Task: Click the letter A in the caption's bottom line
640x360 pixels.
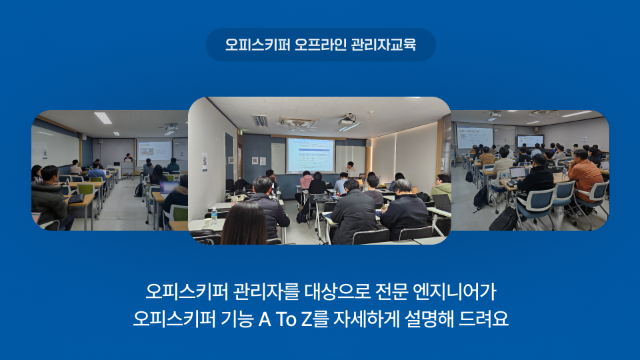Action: pos(265,319)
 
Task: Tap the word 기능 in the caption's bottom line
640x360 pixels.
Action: pos(237,319)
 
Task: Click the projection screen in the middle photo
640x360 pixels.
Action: pos(310,155)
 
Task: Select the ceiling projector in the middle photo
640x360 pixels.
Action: pos(347,121)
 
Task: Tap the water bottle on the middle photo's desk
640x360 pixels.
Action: pos(214,216)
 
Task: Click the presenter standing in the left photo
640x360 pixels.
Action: pos(128,158)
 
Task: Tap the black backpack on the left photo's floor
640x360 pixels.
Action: pos(139,190)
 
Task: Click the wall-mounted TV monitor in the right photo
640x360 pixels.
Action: pos(530,141)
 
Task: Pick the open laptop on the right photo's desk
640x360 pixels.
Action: pos(517,173)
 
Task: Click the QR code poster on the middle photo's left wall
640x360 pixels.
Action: pos(205,162)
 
